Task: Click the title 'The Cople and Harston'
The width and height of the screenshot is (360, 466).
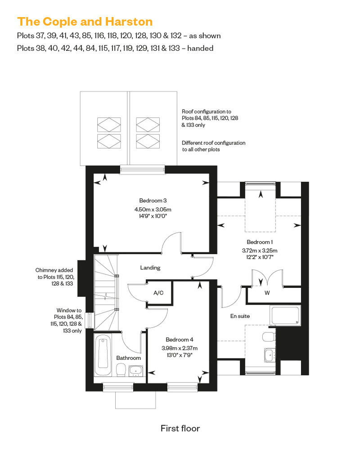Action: coord(85,22)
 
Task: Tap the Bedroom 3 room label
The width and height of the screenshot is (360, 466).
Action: coord(153,201)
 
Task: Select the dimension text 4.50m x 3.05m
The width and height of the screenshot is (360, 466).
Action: coord(153,210)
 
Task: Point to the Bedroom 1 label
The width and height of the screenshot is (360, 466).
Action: coord(260,242)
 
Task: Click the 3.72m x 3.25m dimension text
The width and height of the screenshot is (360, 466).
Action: coord(260,251)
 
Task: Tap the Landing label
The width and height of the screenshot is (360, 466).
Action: coord(150,268)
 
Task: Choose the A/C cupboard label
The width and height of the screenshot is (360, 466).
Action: coord(158,293)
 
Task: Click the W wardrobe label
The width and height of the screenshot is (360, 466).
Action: coord(267,293)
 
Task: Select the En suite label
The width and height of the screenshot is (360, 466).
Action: coord(240,316)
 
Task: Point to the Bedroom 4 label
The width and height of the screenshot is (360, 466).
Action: coord(179,340)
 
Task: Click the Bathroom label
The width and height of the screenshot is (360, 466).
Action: coord(128,358)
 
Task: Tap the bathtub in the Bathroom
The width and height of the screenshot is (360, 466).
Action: coord(103,355)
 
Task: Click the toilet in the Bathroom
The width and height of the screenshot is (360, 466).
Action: coord(121,371)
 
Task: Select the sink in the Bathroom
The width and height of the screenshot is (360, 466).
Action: coord(136,371)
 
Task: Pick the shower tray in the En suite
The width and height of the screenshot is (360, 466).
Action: coord(285,315)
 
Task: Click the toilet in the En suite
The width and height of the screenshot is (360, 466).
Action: coord(269,337)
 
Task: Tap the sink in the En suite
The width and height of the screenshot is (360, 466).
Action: coord(270,355)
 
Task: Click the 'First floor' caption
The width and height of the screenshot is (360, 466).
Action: coord(180,428)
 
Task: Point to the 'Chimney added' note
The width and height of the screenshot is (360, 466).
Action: coord(54,270)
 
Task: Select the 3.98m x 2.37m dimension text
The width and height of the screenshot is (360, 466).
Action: coord(180,348)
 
